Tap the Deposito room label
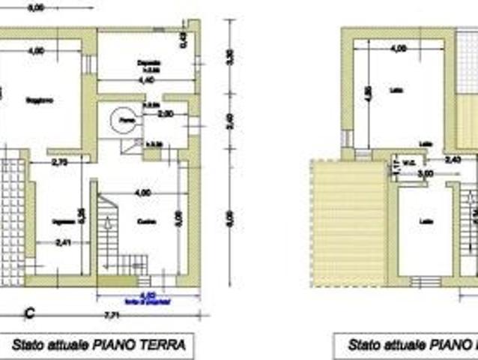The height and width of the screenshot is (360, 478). coord(150,62)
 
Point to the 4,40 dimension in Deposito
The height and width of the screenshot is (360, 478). coord(146,79)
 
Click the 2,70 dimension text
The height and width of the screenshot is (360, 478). coord(61,161)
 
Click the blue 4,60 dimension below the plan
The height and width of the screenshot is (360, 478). coord(148,294)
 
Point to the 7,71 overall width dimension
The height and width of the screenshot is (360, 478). coord(110,313)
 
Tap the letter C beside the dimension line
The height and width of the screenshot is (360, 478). coord(30,313)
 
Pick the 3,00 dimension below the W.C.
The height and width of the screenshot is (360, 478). coord(425,173)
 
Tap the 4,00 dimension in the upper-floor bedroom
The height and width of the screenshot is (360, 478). coord(399,48)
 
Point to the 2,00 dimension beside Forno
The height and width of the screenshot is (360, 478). coord(166,114)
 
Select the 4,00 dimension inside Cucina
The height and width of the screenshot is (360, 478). coord(141,193)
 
